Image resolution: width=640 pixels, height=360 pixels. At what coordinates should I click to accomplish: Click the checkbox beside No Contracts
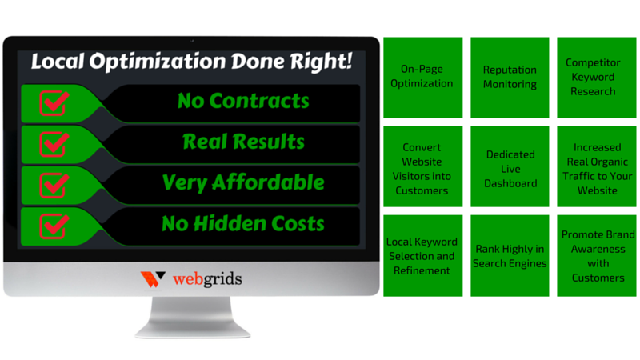54,103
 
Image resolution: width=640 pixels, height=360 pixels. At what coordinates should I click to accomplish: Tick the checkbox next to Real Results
54,144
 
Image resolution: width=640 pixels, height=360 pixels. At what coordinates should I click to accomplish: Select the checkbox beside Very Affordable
54,185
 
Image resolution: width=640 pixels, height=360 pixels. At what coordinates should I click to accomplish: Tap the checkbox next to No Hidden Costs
54,226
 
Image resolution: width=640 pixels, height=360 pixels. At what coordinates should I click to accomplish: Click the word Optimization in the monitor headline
157,62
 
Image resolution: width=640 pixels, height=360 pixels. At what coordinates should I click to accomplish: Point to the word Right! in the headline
321,62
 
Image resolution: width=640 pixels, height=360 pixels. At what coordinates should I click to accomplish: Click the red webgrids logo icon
153,279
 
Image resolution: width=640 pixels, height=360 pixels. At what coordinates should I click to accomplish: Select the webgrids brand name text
207,279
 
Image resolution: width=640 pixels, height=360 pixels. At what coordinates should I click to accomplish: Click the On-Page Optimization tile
423,78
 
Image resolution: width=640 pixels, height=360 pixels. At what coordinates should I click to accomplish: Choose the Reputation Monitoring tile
510,78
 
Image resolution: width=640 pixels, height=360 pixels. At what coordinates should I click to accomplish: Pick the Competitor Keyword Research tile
596,78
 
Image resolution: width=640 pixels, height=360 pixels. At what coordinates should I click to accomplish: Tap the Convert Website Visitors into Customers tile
423,166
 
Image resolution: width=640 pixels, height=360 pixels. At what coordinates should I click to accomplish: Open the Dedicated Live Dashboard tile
510,166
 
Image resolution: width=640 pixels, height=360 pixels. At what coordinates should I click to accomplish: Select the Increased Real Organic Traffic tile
596,166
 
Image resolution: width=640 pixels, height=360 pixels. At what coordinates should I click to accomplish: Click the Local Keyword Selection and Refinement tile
423,255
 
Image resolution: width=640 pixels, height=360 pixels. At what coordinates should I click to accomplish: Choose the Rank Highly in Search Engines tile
510,255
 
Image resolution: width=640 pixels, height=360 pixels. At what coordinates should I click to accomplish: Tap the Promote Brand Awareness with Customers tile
596,255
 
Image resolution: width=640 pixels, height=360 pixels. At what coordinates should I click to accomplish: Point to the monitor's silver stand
193,317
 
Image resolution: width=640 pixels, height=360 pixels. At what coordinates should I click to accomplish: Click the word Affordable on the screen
268,182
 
